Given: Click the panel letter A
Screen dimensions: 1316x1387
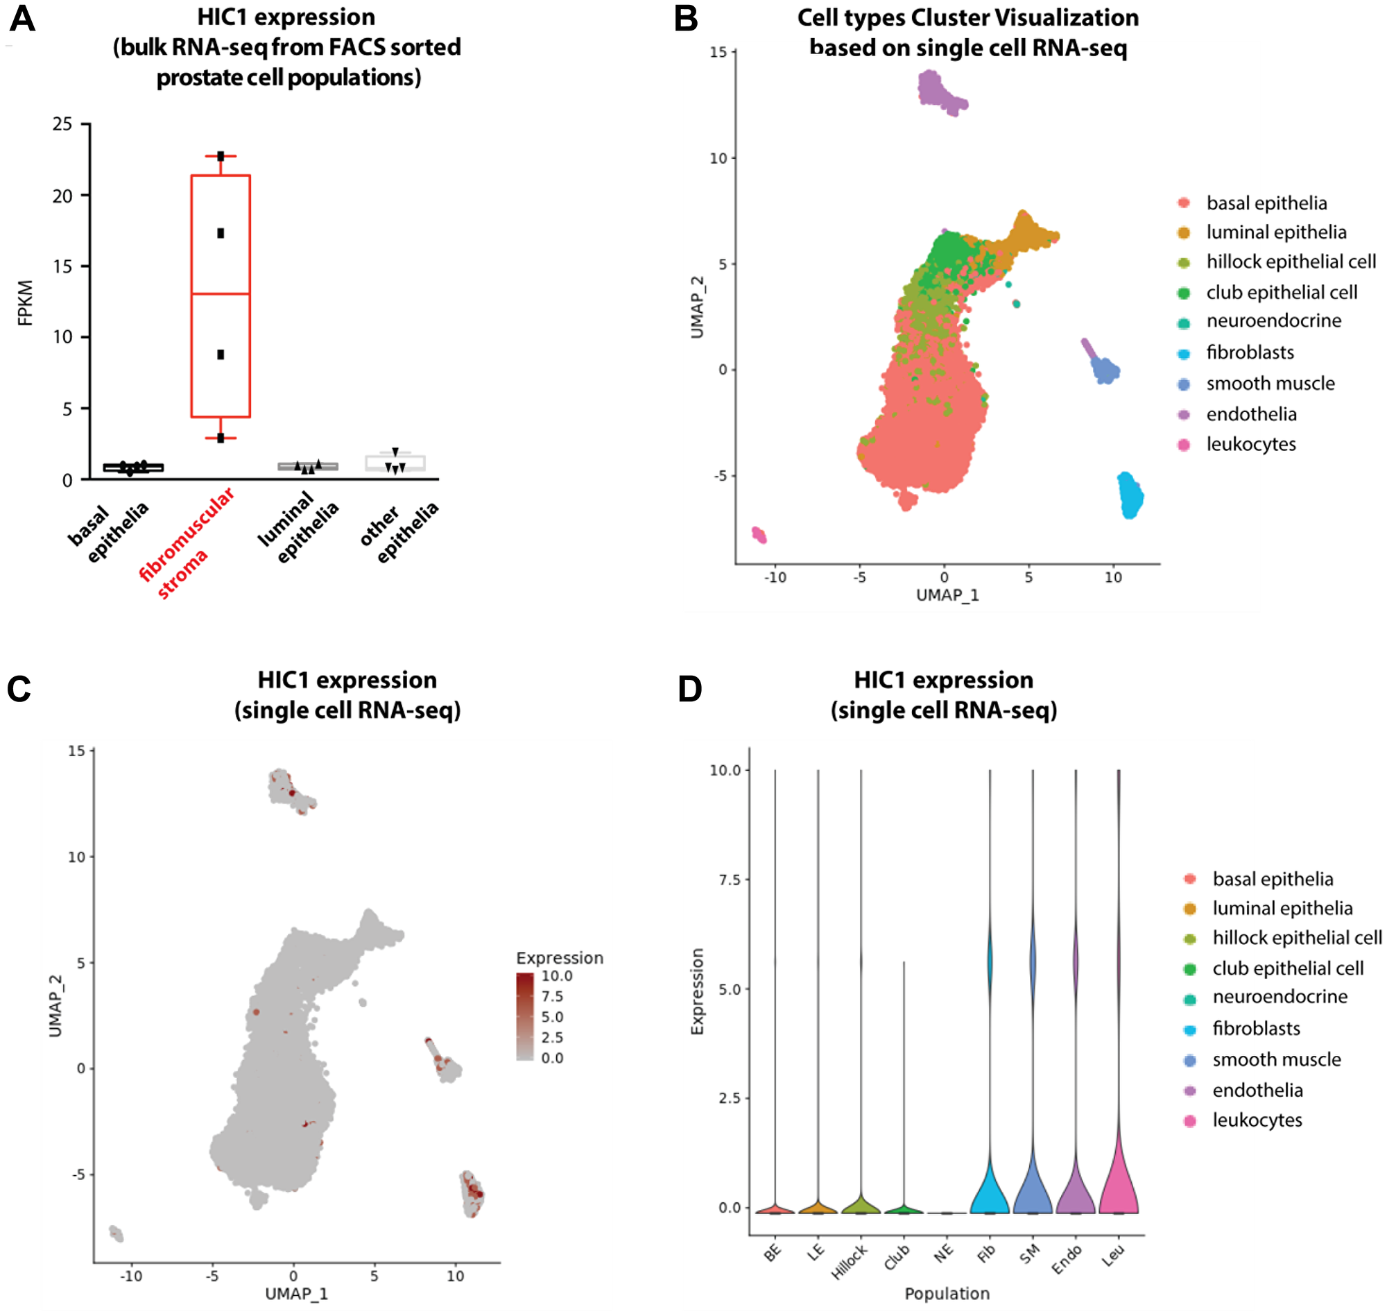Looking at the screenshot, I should (21, 19).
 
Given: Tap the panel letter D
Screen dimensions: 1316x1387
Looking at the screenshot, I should (689, 689).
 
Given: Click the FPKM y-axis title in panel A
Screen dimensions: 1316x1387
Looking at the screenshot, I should (25, 302).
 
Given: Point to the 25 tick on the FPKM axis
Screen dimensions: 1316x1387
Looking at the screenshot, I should (62, 124).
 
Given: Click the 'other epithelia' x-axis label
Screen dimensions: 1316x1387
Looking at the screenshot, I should (399, 531).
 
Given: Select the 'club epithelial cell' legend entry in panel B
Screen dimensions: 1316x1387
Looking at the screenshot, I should (1280, 292).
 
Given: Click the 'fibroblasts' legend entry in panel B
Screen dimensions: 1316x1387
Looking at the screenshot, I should (1250, 352).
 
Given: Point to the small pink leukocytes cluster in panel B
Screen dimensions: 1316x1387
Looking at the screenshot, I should (759, 535).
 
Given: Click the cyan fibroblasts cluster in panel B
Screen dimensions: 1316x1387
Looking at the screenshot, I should (1129, 495).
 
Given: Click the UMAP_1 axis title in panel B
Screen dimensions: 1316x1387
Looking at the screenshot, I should (947, 595).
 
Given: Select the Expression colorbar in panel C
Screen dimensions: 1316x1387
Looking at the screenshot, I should (524, 1016).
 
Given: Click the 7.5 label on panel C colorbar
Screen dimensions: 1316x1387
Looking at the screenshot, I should (552, 996).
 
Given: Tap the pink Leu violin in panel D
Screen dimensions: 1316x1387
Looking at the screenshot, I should (1118, 1186).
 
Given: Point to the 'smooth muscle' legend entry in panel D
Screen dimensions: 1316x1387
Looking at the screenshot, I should (1275, 1059).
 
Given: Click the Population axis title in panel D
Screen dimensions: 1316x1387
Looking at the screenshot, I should (947, 1293).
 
